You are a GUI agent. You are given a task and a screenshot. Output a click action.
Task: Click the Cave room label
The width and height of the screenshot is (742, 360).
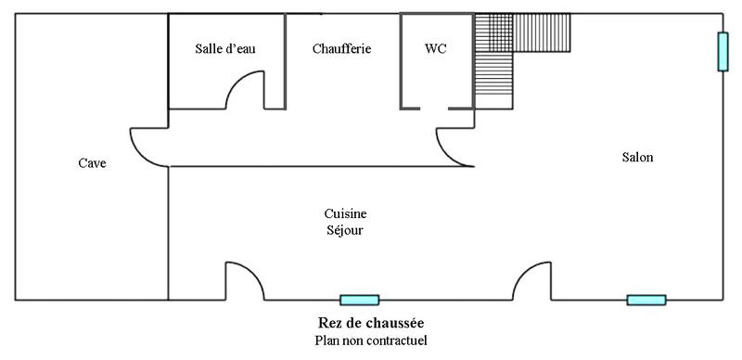tap(92, 164)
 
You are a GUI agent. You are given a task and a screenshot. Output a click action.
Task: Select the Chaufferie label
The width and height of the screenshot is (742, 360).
tap(341, 49)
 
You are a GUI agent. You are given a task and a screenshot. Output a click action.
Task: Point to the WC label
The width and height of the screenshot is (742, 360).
tap(435, 49)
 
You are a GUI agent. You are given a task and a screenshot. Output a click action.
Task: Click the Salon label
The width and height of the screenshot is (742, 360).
tap(637, 158)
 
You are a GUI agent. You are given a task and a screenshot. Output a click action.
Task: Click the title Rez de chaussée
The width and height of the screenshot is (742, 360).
tap(371, 323)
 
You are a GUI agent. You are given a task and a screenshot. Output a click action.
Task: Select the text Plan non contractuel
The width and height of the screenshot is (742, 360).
tap(371, 341)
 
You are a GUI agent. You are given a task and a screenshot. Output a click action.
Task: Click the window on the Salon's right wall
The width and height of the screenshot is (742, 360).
tap(722, 52)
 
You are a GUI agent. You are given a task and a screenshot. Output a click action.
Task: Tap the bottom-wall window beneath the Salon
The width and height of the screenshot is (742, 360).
tap(646, 300)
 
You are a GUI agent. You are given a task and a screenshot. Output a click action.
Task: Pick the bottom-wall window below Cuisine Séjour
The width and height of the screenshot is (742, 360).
tap(359, 300)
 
